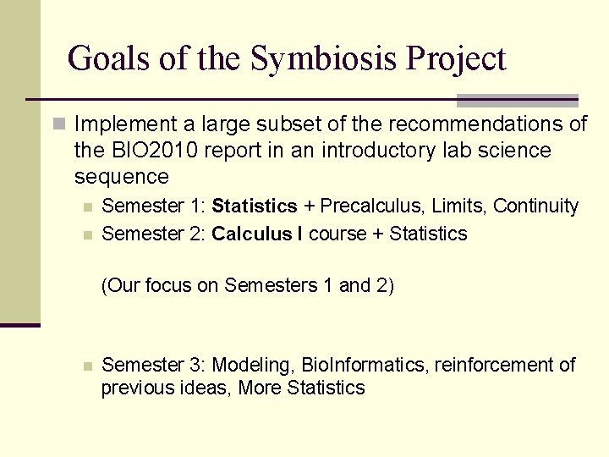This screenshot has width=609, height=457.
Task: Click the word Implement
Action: (x=123, y=124)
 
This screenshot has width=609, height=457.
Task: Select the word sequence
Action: (x=122, y=177)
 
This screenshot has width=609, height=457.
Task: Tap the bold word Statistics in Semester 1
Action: (x=255, y=206)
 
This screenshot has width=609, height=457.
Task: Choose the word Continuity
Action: (x=535, y=206)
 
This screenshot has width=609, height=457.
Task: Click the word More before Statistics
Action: (x=261, y=388)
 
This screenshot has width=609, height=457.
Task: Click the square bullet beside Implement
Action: (x=58, y=124)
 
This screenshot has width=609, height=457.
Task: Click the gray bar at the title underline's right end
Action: (x=517, y=101)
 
